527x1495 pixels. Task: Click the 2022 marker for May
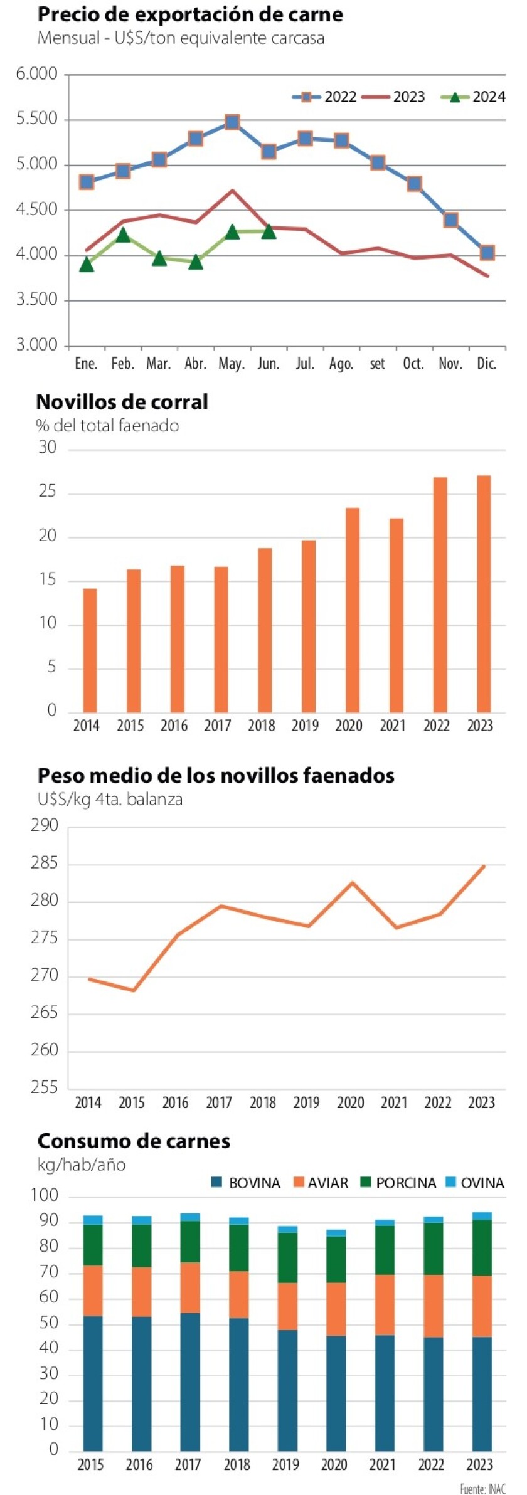(232, 122)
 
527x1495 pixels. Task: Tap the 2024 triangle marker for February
(123, 235)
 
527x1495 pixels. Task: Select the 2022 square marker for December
(487, 253)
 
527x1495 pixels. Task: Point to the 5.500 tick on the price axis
(36, 119)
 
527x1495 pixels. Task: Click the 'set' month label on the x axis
(377, 364)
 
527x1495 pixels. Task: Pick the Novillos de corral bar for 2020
(353, 610)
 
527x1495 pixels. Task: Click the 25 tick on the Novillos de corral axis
(48, 492)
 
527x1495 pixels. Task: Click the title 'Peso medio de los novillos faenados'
(216, 775)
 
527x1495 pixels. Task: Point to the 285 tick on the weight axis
(45, 863)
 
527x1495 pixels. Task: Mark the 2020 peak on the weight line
(353, 882)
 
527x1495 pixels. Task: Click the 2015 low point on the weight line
(133, 990)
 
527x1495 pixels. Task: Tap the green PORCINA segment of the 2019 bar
(288, 1257)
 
